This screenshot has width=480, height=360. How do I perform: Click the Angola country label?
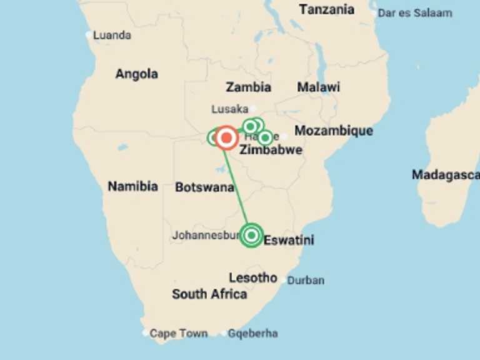136,74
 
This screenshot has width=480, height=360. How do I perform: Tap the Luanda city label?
112,35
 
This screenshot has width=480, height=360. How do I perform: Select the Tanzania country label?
326,9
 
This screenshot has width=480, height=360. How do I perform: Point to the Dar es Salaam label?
414,12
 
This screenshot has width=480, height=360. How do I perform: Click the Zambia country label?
248,87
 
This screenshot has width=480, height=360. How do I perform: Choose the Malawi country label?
318,87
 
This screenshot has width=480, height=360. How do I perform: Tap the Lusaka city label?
229,109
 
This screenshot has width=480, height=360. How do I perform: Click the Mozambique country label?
334,131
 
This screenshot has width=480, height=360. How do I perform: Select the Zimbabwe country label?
271,150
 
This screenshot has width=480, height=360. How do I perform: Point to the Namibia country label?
132,186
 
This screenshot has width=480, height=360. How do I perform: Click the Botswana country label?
204,187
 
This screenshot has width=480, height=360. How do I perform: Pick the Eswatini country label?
289,240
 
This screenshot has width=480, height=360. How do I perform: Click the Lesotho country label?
252,277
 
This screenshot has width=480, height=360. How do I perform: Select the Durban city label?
306,280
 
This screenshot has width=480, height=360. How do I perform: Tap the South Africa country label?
209,294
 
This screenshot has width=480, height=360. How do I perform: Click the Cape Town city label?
178,333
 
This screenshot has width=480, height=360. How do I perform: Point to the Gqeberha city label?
252,333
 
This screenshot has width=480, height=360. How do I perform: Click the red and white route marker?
226,137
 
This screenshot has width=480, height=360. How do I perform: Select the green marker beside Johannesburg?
251,235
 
